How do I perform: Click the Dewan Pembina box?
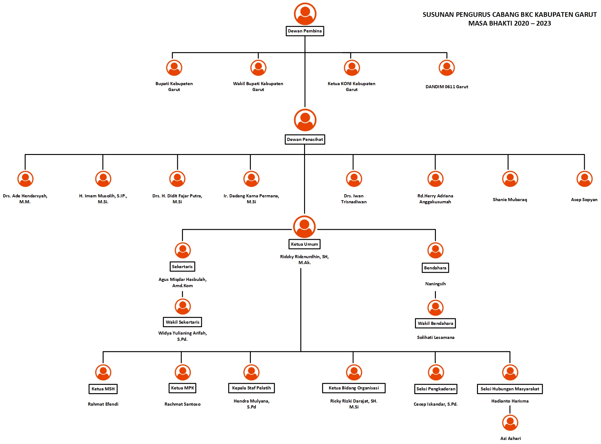[x=305, y=31]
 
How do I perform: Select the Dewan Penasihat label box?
[x=305, y=139]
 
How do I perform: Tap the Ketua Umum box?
[x=304, y=244]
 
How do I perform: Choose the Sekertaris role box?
[x=182, y=267]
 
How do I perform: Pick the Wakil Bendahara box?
[x=435, y=323]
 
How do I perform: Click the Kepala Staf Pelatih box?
[x=251, y=388]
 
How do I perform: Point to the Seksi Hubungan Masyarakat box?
[x=510, y=389]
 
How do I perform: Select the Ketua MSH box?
[x=103, y=389]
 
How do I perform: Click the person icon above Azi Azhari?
[x=510, y=422]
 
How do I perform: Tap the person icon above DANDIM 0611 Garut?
[x=446, y=68]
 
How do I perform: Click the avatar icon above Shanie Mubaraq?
[x=510, y=179]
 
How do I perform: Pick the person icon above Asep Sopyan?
[x=584, y=179]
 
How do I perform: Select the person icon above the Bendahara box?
[x=435, y=250]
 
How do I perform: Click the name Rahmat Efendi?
[x=103, y=404]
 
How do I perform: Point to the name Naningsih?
[x=435, y=284]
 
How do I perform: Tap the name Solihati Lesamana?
[x=436, y=337]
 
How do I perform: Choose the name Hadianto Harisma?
[x=510, y=401]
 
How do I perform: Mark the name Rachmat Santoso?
[x=183, y=404]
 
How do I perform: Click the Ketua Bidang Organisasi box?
[x=354, y=388]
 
